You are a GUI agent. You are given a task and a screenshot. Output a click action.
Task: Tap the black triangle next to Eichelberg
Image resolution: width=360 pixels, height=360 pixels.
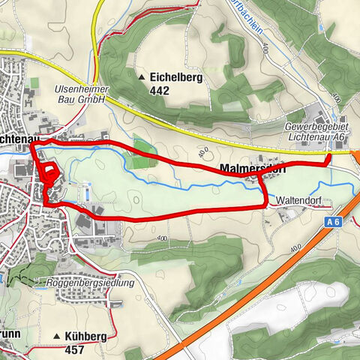coord(142,77)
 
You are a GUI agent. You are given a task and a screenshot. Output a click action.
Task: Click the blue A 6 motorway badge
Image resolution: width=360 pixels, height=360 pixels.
coord(334,222)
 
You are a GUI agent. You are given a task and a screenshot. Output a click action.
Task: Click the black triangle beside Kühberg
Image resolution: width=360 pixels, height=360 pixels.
coord(56,337)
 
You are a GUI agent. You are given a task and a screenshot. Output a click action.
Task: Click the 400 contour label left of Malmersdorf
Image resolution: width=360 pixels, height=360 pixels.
coord(202,152)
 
